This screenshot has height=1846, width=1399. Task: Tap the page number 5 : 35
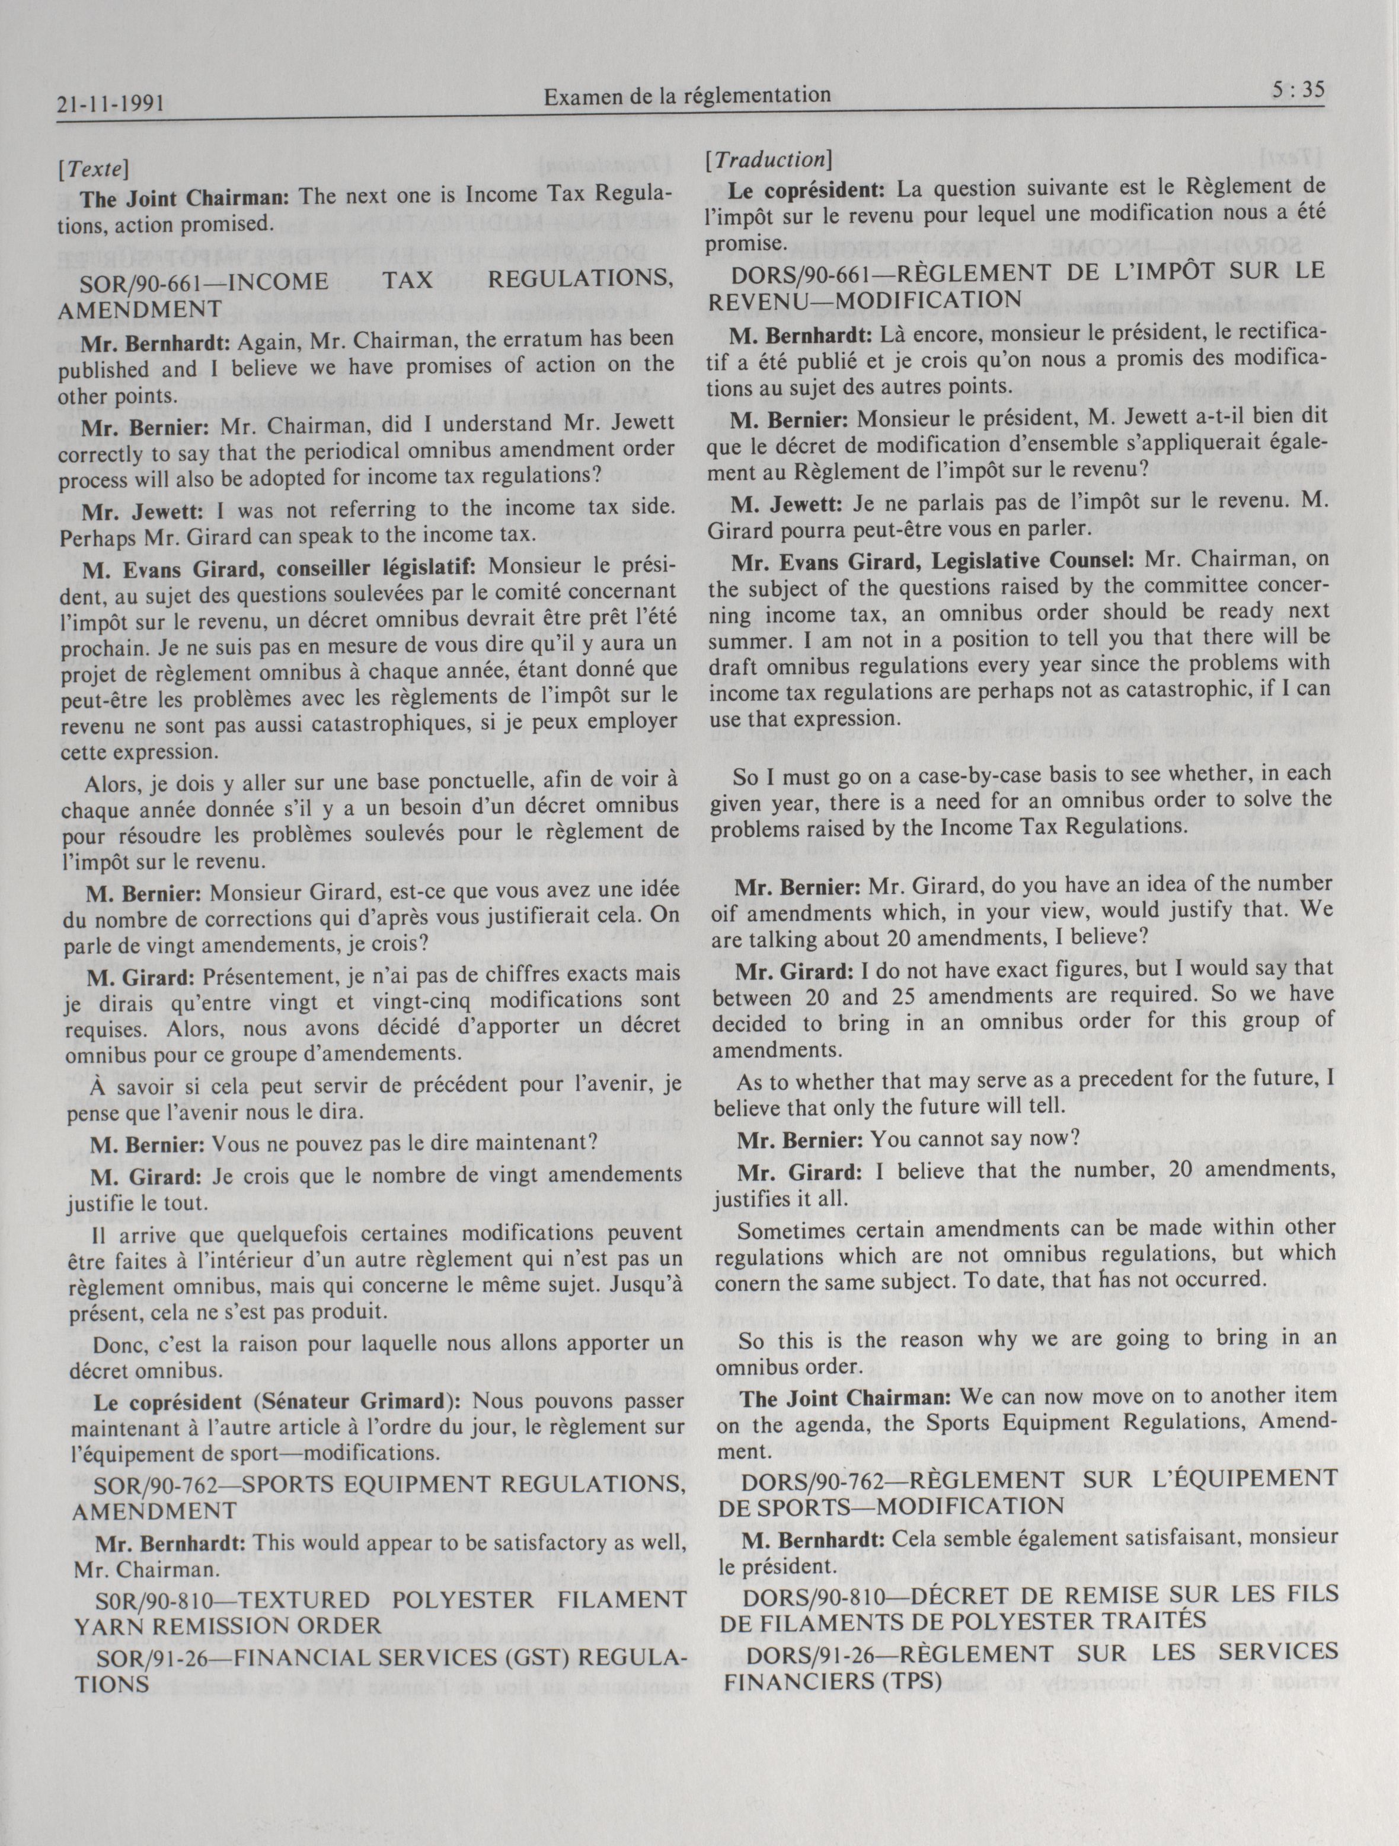coord(1299,90)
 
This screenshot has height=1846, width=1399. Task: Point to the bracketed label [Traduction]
coord(768,160)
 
